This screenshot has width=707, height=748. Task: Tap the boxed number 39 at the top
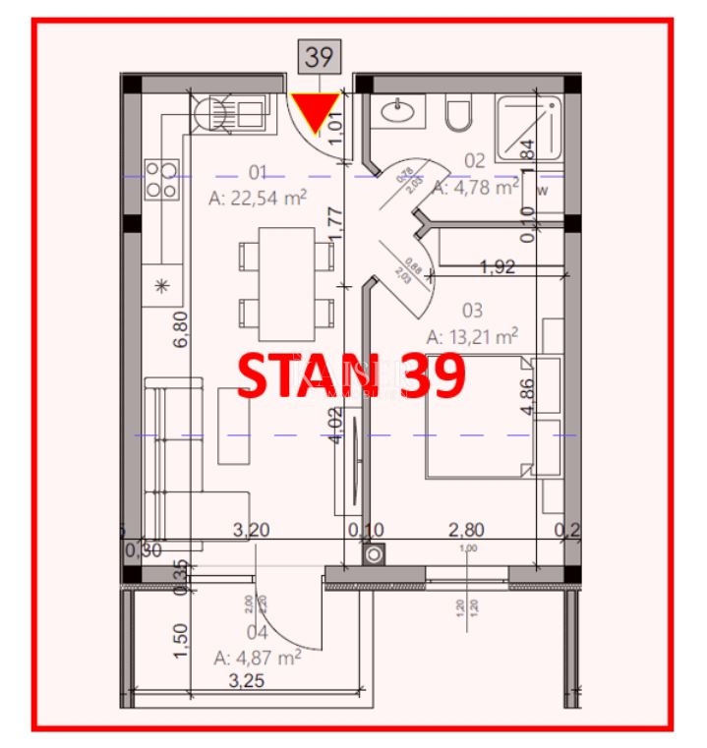(318, 57)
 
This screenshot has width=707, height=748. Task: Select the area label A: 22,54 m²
(259, 198)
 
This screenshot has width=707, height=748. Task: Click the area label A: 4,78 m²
(476, 186)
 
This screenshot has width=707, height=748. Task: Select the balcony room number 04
(258, 633)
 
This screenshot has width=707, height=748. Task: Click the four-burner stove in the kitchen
(161, 181)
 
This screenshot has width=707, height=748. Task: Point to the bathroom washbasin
(399, 112)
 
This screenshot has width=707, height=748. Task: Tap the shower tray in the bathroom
(528, 128)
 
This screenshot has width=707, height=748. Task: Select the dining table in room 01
(286, 277)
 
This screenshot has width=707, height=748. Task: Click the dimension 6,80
(180, 330)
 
